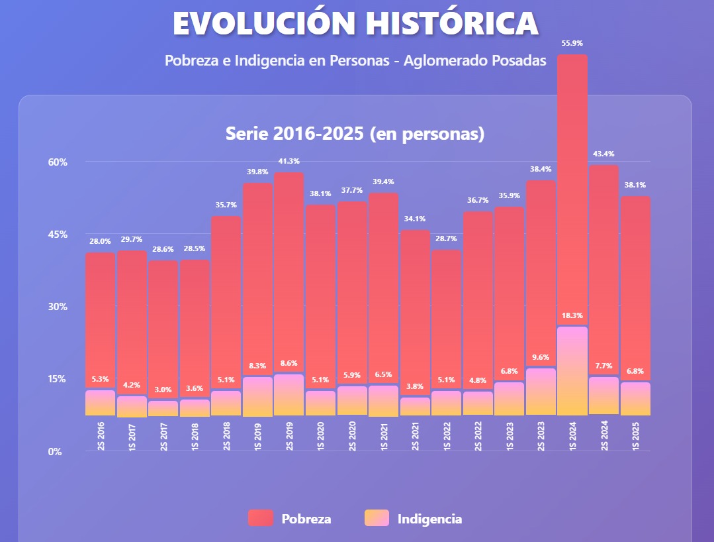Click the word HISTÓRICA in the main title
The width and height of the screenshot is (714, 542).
click(x=453, y=23)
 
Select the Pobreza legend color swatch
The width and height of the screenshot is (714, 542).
click(x=261, y=519)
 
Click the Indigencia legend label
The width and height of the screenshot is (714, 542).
click(x=429, y=519)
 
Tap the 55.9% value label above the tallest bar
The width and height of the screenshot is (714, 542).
click(x=572, y=43)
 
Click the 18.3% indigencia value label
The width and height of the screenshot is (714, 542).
click(x=572, y=315)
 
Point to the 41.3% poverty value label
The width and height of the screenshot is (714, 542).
click(x=289, y=161)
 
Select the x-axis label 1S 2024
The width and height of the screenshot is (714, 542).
click(x=572, y=436)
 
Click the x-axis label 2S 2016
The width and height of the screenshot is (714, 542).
click(x=101, y=436)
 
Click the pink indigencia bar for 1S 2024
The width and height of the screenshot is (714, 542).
click(x=572, y=371)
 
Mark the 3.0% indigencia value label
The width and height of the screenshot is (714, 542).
click(x=163, y=390)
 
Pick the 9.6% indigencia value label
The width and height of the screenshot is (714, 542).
click(x=541, y=357)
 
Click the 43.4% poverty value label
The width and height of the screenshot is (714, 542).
click(x=604, y=154)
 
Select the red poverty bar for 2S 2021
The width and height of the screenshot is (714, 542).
click(x=415, y=311)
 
